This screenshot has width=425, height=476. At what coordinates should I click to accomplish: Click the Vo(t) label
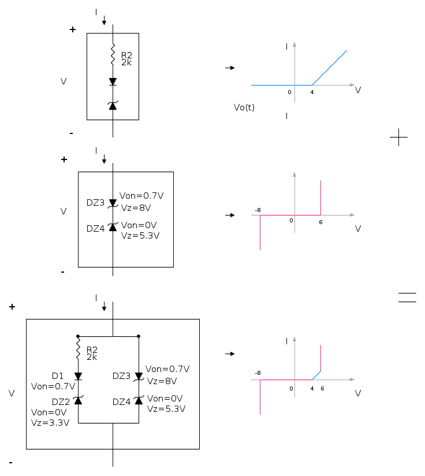[244, 107]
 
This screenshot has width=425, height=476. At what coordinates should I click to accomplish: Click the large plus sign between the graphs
[398, 137]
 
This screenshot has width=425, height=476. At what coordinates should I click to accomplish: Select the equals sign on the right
[407, 297]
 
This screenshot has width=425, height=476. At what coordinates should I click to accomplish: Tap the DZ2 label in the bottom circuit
[61, 402]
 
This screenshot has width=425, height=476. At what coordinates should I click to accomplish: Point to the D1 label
[58, 376]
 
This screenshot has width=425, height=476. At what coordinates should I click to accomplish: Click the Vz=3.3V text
[50, 423]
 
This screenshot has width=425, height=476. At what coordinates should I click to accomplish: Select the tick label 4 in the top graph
[312, 92]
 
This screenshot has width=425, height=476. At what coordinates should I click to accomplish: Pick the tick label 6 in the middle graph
[320, 222]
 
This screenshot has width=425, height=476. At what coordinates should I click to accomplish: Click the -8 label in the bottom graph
[258, 373]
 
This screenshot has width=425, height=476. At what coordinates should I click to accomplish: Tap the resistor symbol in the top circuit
[113, 54]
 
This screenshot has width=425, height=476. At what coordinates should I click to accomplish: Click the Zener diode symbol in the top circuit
[113, 105]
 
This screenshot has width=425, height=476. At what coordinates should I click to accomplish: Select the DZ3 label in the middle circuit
[95, 203]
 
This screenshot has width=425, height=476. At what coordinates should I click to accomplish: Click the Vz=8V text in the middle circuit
[136, 207]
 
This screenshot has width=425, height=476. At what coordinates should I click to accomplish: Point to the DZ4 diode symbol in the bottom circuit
[139, 400]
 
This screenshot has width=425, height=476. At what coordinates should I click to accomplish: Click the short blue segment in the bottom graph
[316, 375]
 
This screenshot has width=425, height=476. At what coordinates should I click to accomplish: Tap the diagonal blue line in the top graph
[330, 68]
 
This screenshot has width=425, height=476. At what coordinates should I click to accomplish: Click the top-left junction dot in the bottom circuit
[78, 336]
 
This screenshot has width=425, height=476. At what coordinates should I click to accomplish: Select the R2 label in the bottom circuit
[92, 349]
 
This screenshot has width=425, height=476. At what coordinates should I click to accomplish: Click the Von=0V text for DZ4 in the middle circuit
[139, 225]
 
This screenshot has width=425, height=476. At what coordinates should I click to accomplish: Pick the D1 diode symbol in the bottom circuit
[79, 377]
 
